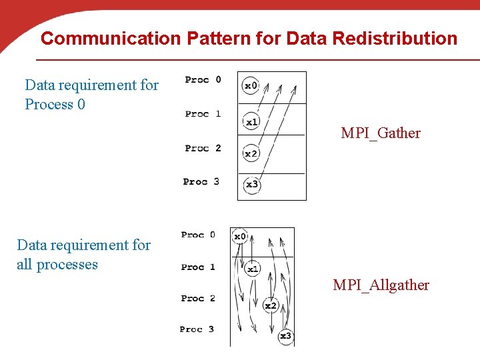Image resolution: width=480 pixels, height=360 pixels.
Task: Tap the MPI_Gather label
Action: pyautogui.click(x=381, y=133)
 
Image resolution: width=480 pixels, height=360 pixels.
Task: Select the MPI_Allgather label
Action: pyautogui.click(x=381, y=285)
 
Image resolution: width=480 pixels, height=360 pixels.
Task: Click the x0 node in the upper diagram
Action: pyautogui.click(x=251, y=85)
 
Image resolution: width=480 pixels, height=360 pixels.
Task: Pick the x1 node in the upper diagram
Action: pyautogui.click(x=251, y=122)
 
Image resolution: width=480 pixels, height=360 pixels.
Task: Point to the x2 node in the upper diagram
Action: pyautogui.click(x=251, y=153)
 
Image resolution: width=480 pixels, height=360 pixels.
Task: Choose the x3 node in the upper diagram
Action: pyautogui.click(x=252, y=185)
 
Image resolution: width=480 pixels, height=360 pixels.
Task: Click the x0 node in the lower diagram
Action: pyautogui.click(x=239, y=236)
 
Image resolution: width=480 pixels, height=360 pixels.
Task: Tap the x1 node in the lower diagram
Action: pyautogui.click(x=253, y=269)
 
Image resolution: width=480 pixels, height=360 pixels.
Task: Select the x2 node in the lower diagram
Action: pyautogui.click(x=270, y=305)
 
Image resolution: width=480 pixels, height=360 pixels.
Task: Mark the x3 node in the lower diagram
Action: pyautogui.click(x=285, y=336)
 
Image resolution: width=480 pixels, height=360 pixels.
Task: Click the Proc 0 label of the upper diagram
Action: pyautogui.click(x=203, y=80)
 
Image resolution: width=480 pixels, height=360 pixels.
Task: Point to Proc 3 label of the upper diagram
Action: pyautogui.click(x=201, y=181)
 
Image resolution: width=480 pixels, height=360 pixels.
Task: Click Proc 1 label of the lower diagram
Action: pyautogui.click(x=198, y=267)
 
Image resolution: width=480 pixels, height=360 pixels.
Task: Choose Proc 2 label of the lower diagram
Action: pyautogui.click(x=198, y=298)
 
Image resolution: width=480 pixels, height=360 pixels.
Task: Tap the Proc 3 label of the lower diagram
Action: pyautogui.click(x=197, y=329)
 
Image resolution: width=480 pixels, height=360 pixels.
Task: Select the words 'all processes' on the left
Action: pyautogui.click(x=57, y=265)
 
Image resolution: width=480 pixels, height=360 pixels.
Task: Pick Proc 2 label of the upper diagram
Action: pyautogui.click(x=203, y=148)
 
